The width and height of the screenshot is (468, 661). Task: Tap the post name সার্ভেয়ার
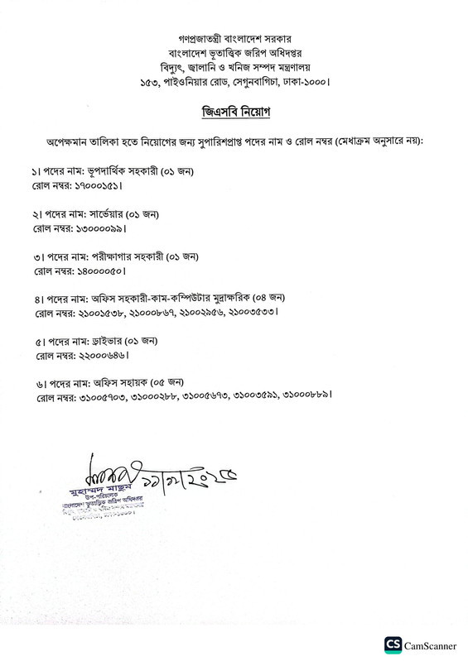(106, 214)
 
